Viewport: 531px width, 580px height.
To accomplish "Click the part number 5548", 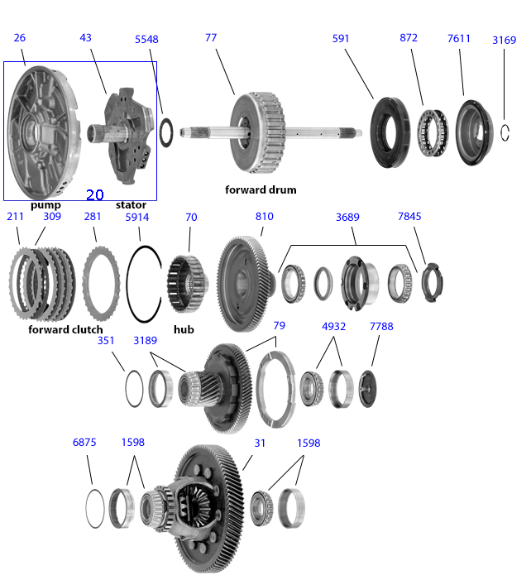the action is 146,39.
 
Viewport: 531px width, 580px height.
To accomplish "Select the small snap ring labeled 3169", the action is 505,132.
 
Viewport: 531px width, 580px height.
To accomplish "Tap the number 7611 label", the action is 458,38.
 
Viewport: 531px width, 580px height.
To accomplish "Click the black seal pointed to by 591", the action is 390,132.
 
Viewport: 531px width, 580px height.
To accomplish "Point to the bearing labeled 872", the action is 433,132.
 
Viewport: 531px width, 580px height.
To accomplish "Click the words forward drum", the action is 261,189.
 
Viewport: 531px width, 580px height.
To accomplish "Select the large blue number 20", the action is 94,195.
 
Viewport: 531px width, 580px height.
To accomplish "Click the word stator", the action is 131,205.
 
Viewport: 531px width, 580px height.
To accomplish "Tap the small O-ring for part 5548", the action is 166,132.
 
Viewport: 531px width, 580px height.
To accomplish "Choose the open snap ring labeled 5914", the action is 144,284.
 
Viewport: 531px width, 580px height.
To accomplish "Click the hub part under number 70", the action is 188,284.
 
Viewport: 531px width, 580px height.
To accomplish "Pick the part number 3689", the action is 347,217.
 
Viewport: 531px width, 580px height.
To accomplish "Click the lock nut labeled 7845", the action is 432,283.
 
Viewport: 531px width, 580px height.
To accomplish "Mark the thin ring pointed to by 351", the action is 134,388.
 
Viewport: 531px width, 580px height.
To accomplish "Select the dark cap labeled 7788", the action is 367,389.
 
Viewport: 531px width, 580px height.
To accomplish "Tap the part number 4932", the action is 333,327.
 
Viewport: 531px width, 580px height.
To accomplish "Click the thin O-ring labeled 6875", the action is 94,508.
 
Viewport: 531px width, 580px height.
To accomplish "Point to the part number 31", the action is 260,443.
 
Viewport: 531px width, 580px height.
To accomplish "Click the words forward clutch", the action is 65,329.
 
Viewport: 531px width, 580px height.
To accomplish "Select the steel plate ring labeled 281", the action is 101,284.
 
